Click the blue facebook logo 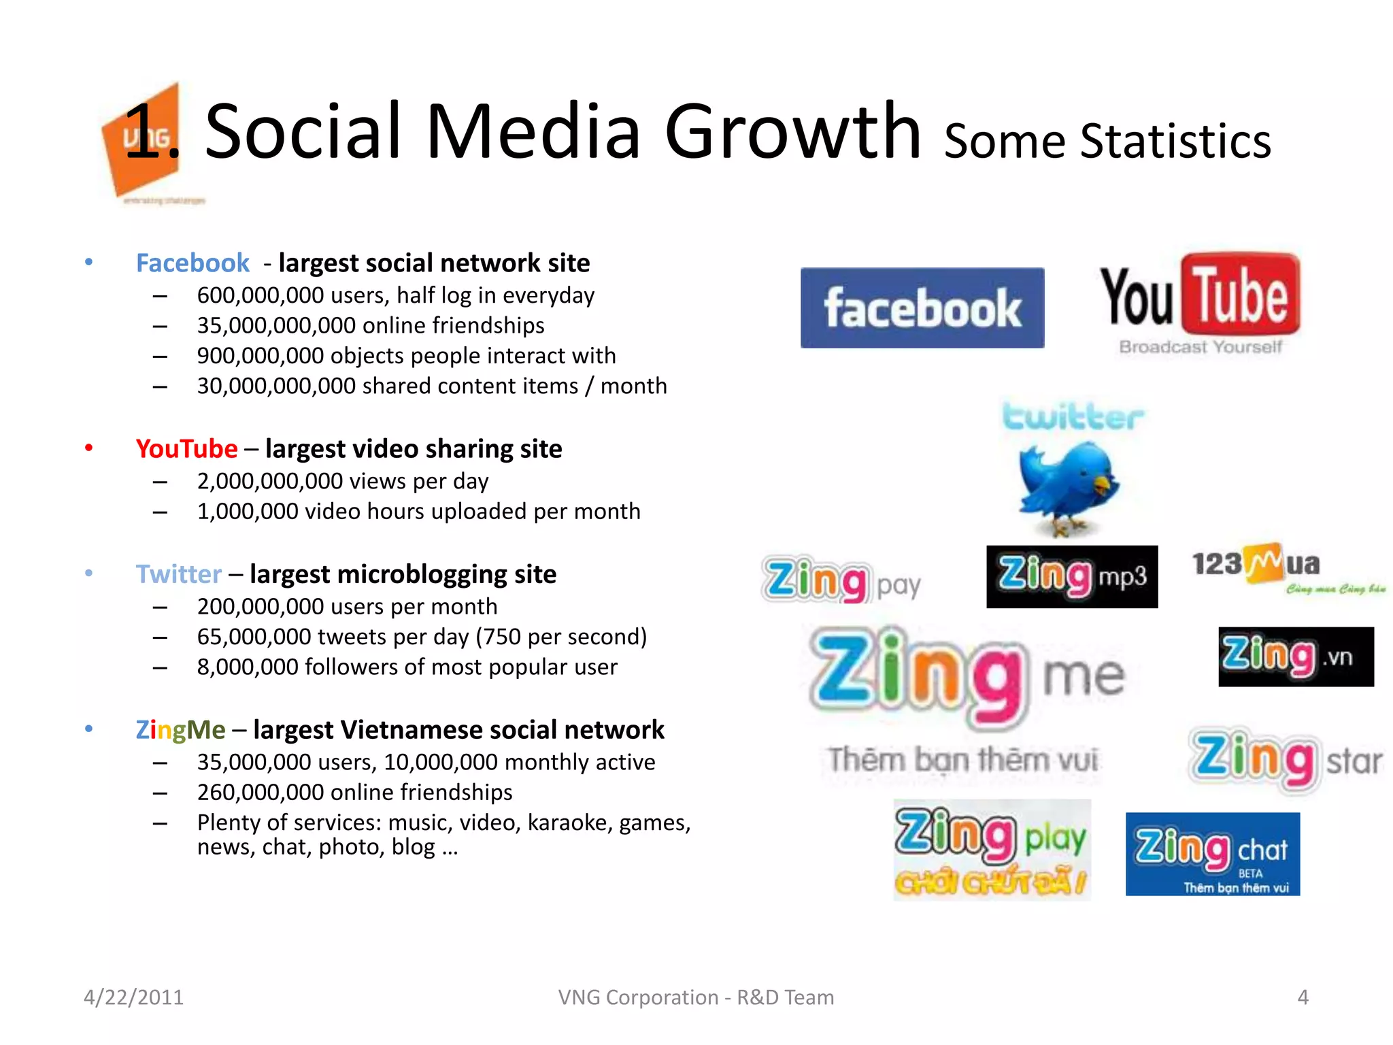(x=922, y=308)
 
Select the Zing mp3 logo (x=1071, y=576)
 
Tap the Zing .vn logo (x=1296, y=656)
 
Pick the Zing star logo (x=1286, y=759)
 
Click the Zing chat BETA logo (x=1212, y=854)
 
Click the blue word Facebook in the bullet (x=192, y=263)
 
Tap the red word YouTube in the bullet (x=186, y=449)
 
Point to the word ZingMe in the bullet (x=180, y=730)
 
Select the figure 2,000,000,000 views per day (x=269, y=482)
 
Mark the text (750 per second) (x=561, y=637)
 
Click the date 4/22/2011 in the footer (x=133, y=997)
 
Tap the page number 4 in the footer (x=1303, y=997)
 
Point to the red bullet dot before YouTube (x=88, y=448)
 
